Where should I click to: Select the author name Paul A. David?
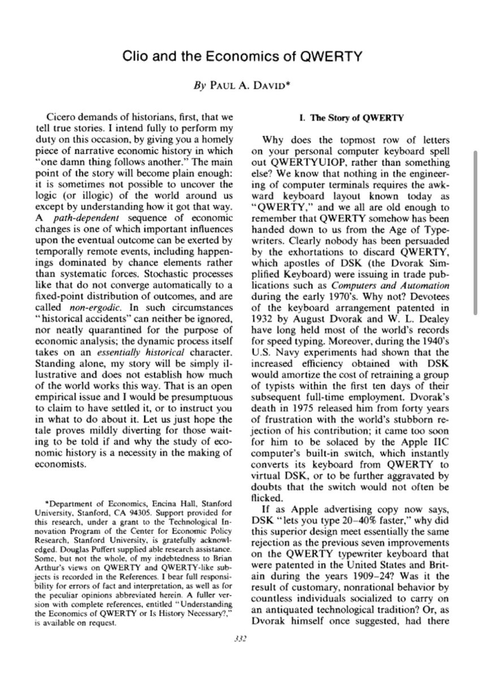249,88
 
